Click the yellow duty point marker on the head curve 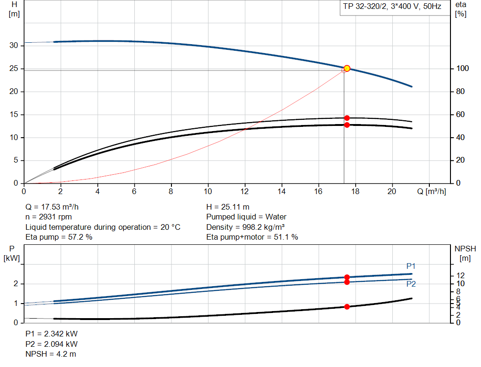coord(347,68)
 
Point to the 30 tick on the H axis coord(14,46)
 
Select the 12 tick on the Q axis coord(245,191)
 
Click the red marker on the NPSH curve coord(347,307)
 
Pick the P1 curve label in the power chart coord(411,266)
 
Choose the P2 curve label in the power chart coord(411,284)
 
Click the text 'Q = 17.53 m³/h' coord(55,207)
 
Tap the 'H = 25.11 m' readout coord(228,207)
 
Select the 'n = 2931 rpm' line coord(49,217)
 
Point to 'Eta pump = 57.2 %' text coord(59,237)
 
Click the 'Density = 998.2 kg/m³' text coord(246,227)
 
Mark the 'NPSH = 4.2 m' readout coord(50,354)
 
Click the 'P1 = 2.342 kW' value coord(51,334)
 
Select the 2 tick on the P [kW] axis coord(16,284)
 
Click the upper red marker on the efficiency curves coord(347,118)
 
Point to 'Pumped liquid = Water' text coord(246,217)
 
